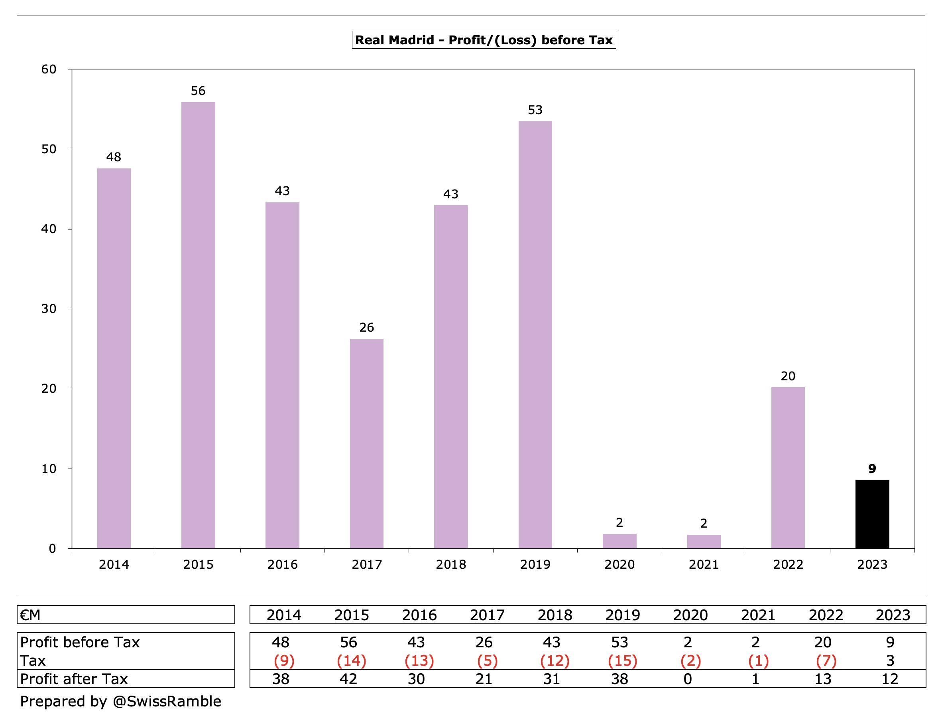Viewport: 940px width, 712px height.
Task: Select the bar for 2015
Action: click(198, 325)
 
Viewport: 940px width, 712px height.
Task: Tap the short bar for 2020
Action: click(619, 541)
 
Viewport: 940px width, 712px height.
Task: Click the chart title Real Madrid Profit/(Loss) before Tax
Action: click(484, 40)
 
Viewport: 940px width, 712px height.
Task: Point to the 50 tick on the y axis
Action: click(49, 149)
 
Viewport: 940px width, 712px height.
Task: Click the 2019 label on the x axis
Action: click(535, 564)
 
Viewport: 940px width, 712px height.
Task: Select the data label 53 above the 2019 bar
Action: click(535, 110)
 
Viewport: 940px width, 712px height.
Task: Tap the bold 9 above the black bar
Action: click(872, 469)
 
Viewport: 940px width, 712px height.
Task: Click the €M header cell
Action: click(31, 615)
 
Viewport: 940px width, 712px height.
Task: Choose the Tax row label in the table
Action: click(33, 661)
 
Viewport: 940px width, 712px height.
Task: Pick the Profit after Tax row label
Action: click(74, 679)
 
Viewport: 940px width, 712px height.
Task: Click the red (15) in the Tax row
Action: click(623, 661)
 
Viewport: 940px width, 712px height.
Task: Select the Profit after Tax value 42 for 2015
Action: click(348, 679)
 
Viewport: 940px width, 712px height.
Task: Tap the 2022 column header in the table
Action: click(825, 615)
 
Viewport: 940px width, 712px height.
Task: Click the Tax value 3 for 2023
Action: click(890, 661)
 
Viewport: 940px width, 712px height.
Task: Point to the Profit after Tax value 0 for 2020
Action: click(687, 679)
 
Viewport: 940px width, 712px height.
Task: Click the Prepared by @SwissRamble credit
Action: click(121, 701)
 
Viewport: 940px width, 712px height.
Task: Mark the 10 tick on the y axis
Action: click(49, 469)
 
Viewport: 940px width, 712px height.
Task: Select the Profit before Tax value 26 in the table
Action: click(484, 642)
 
